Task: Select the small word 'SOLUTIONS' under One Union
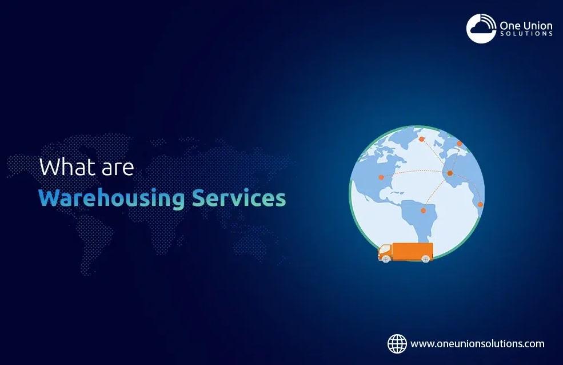point(526,34)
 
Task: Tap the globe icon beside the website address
point(397,344)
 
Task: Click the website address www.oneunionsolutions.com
point(477,344)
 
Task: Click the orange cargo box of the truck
point(413,251)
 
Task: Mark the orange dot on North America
point(381,177)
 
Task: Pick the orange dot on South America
point(424,211)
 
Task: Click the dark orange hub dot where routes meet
point(450,173)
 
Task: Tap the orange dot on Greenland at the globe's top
point(421,138)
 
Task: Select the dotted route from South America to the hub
point(437,191)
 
